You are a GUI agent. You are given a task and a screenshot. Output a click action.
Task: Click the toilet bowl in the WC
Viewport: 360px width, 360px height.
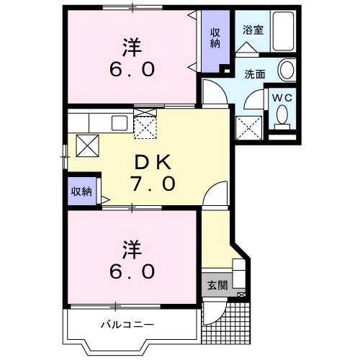[x=282, y=115]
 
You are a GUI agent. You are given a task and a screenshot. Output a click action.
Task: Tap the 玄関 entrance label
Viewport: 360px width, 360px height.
[x=217, y=285]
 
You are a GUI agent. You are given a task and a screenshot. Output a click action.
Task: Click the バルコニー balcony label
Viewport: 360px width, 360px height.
[x=126, y=325]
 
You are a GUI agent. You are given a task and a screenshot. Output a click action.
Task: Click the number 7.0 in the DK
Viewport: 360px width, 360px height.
[x=153, y=184]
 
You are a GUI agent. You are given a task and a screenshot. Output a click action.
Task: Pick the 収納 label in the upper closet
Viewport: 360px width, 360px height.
[x=215, y=37]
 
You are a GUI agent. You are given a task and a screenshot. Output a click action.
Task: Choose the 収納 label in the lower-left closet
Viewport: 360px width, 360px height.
[x=81, y=192]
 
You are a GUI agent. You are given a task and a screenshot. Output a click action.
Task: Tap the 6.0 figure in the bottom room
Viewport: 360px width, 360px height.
[x=131, y=271]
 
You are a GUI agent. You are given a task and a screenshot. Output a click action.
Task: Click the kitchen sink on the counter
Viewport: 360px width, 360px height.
[x=118, y=122]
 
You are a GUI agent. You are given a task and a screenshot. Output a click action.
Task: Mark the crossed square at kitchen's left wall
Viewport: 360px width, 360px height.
[x=87, y=146]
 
